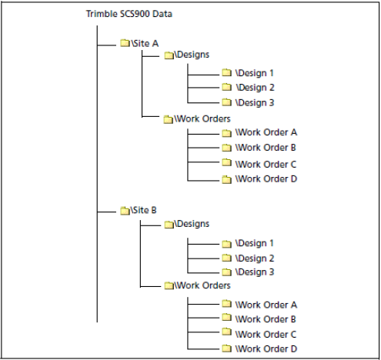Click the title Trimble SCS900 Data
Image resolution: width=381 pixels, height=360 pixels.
click(129, 14)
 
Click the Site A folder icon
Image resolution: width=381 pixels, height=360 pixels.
click(125, 43)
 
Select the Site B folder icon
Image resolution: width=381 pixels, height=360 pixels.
click(125, 211)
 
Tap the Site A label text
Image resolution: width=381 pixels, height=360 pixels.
click(145, 44)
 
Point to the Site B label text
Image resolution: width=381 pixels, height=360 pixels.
click(143, 210)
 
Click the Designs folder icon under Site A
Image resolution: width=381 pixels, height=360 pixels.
click(169, 55)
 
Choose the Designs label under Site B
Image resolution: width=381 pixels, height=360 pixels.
click(192, 224)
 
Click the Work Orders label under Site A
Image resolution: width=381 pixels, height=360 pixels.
click(202, 118)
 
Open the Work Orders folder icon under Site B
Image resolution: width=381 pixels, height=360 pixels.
click(169, 285)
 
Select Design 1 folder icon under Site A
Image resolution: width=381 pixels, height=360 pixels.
click(226, 72)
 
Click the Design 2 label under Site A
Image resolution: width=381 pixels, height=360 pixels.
click(255, 88)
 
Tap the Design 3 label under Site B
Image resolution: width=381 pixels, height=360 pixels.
click(255, 272)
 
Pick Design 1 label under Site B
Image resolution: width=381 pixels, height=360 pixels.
click(255, 243)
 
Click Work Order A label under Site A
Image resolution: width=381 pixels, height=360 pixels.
click(266, 132)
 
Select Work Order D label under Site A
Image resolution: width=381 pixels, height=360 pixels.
click(266, 178)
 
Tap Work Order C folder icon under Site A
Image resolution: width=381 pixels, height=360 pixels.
click(226, 162)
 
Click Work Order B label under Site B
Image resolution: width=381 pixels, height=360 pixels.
click(266, 319)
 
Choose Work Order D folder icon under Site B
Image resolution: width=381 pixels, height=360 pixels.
click(226, 348)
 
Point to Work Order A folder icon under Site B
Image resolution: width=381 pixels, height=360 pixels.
click(226, 304)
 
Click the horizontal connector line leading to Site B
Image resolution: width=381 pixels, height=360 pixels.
click(107, 212)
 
